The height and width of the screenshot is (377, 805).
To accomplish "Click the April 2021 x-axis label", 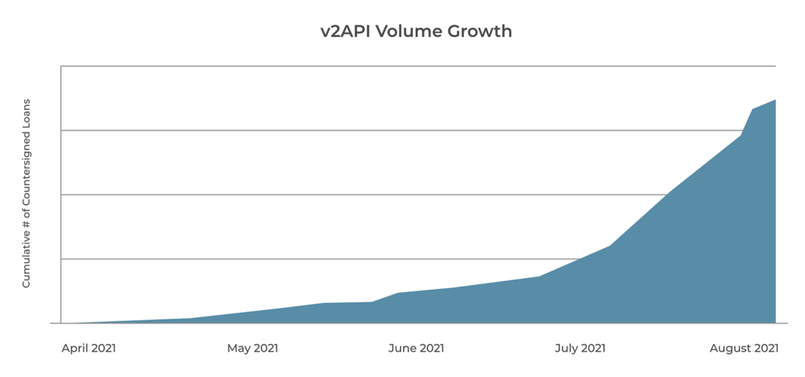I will click(89, 348).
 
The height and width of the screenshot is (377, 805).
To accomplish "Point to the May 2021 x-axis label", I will click(252, 348).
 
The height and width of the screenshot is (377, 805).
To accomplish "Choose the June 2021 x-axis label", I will click(416, 348).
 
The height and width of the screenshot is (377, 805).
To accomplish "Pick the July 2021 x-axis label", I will click(580, 348).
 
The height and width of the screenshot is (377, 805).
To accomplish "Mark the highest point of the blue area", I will click(776, 100).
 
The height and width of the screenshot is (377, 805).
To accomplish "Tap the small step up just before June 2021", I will click(397, 293).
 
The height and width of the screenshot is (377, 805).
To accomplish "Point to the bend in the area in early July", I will click(610, 246).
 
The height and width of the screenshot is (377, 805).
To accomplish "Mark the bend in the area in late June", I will click(539, 276).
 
